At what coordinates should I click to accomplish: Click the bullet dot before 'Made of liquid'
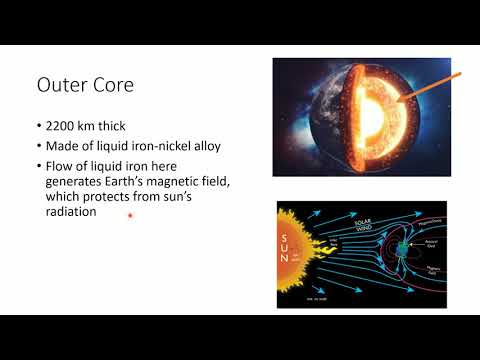pyautogui.click(x=39, y=147)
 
